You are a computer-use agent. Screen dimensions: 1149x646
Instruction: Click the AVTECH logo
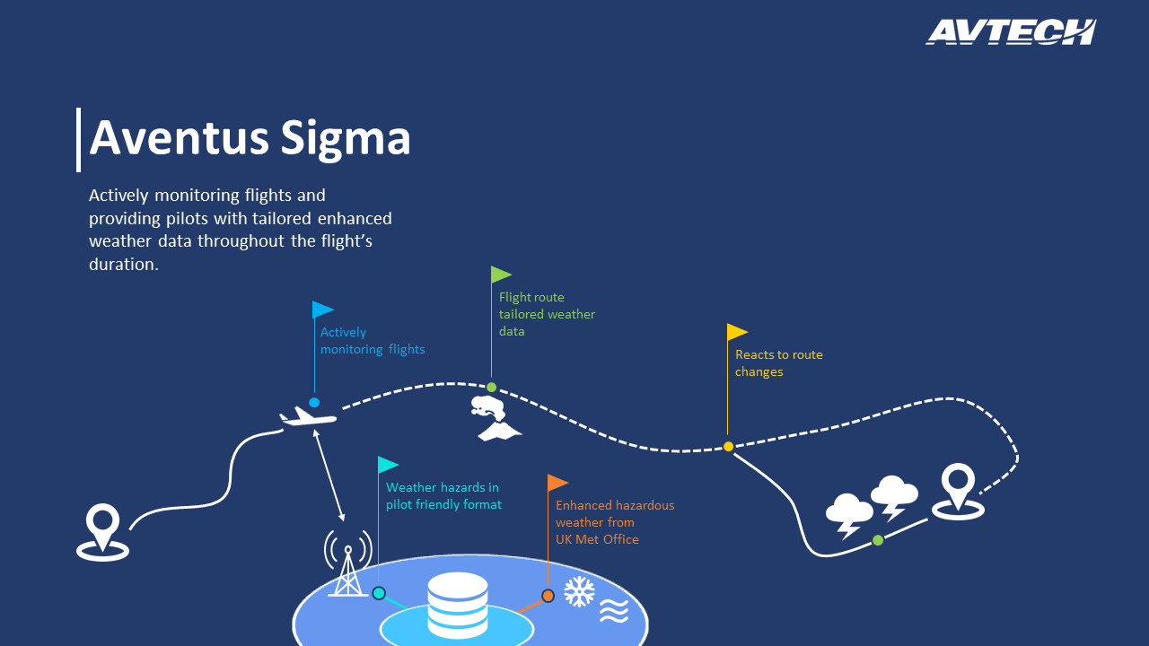pyautogui.click(x=1011, y=31)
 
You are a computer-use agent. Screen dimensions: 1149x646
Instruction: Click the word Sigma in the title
pyautogui.click(x=346, y=138)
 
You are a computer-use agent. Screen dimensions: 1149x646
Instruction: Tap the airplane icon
pyautogui.click(x=308, y=415)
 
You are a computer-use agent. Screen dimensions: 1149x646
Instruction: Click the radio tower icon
pyautogui.click(x=348, y=563)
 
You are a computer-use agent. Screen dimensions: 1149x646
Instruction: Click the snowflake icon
pyautogui.click(x=579, y=591)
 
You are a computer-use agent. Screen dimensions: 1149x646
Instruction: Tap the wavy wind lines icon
pyautogui.click(x=614, y=611)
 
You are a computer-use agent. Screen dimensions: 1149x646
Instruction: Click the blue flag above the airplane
pyautogui.click(x=322, y=310)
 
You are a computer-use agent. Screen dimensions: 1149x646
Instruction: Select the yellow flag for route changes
pyautogui.click(x=737, y=332)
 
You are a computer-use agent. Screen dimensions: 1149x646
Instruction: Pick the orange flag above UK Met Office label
pyautogui.click(x=557, y=483)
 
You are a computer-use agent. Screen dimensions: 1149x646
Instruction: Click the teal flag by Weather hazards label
pyautogui.click(x=389, y=465)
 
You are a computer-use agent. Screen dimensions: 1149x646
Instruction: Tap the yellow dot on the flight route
pyautogui.click(x=728, y=447)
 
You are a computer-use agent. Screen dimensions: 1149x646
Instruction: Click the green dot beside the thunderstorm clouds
pyautogui.click(x=878, y=540)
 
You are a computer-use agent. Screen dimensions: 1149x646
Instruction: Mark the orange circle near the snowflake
pyautogui.click(x=548, y=596)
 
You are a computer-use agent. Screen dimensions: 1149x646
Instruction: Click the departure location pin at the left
pyautogui.click(x=102, y=533)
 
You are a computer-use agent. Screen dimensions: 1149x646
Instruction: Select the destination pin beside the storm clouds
pyautogui.click(x=958, y=492)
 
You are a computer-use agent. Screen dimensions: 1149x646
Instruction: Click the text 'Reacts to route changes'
pyautogui.click(x=778, y=363)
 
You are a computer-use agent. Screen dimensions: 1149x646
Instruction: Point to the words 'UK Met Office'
pyautogui.click(x=597, y=539)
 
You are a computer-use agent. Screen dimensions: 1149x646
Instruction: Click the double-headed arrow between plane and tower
pyautogui.click(x=329, y=476)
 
